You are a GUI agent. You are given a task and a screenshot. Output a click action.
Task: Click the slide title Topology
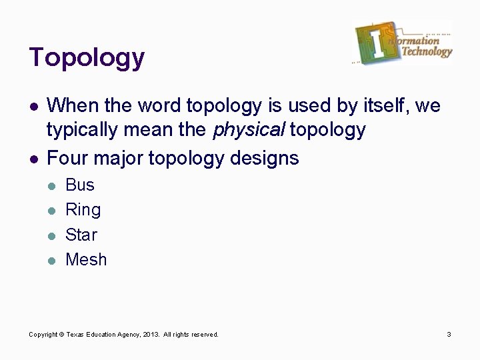[87, 58]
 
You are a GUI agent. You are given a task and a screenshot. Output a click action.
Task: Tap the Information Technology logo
[403, 43]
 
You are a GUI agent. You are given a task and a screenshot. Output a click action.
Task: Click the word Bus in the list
[80, 185]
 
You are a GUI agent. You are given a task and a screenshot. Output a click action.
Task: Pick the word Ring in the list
[83, 210]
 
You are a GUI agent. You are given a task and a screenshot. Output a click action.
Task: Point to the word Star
[81, 235]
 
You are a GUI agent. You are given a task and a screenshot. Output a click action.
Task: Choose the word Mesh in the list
[86, 259]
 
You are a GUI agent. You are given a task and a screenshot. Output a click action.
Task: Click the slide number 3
[449, 334]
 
